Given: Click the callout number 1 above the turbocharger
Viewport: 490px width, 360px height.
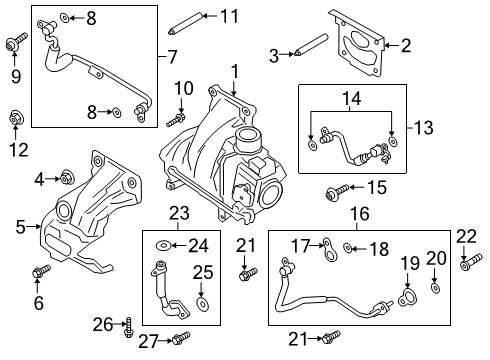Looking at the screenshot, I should coord(234,71).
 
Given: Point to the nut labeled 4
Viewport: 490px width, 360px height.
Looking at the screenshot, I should coord(66,179).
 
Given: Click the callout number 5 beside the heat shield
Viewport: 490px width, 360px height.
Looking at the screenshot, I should coord(19,227).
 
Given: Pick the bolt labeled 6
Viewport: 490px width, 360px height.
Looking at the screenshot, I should coord(41,270).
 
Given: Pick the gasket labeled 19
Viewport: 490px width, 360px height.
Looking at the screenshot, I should coord(406,295).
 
